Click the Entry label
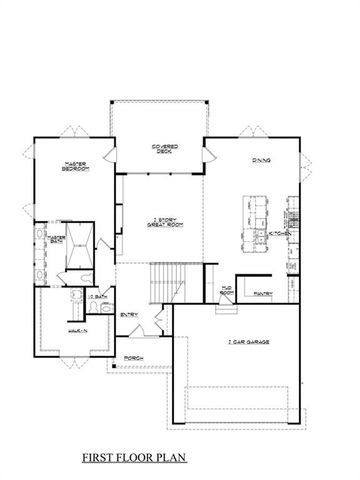click(130, 316)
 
